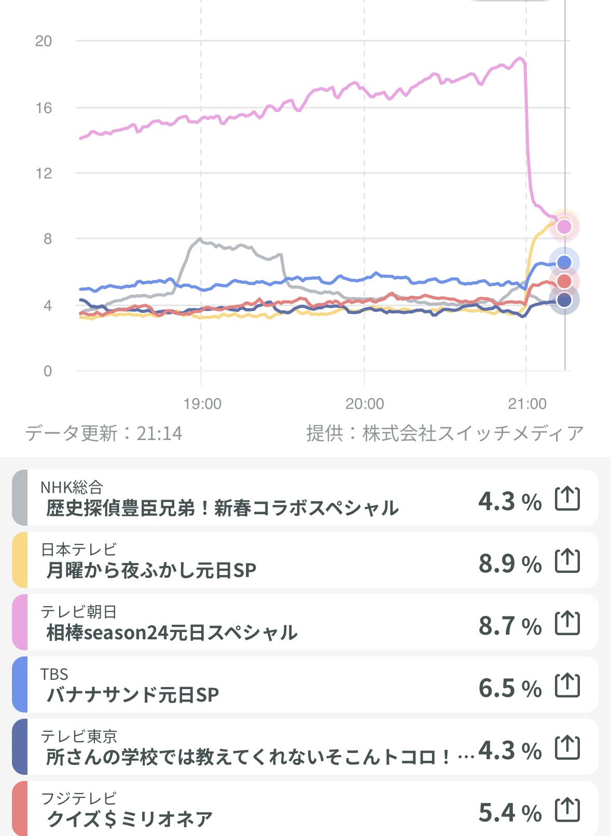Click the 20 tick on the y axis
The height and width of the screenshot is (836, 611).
[44, 41]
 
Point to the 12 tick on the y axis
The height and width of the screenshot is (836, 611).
[44, 173]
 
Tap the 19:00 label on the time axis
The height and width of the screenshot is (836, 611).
[202, 404]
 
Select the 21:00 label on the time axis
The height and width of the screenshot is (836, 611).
[527, 404]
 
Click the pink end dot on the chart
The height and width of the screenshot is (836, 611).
[564, 227]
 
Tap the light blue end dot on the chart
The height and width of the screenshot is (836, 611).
[564, 263]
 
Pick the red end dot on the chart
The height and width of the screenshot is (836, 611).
[564, 281]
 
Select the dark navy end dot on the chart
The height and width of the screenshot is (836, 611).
[564, 300]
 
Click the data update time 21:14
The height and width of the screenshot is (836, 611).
[159, 433]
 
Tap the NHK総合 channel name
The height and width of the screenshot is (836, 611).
[72, 487]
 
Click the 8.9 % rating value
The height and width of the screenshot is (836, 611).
[510, 564]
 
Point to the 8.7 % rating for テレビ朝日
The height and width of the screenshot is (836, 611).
[510, 626]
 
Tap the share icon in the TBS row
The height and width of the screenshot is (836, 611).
[567, 686]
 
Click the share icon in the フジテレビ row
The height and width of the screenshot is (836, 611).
[567, 810]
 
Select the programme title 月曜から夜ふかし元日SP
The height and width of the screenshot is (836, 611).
[151, 570]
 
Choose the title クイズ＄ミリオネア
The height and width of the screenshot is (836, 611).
[130, 819]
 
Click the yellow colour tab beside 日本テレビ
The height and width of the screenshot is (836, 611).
[20, 560]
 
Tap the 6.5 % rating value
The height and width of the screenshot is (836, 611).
[510, 688]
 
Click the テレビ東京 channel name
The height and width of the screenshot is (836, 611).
[79, 736]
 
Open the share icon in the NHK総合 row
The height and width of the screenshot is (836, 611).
[567, 499]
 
